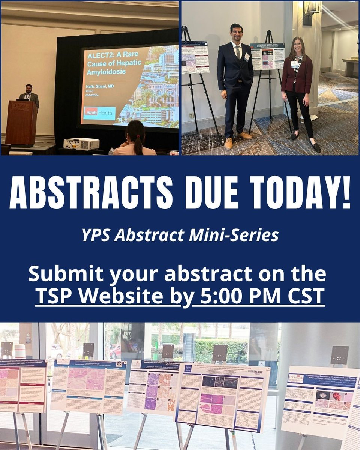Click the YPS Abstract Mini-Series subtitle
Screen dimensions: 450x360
tap(180, 235)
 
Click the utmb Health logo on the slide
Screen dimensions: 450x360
tap(99, 113)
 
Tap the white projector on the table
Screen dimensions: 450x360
tap(81, 144)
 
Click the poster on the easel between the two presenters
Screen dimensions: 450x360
tap(267, 56)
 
